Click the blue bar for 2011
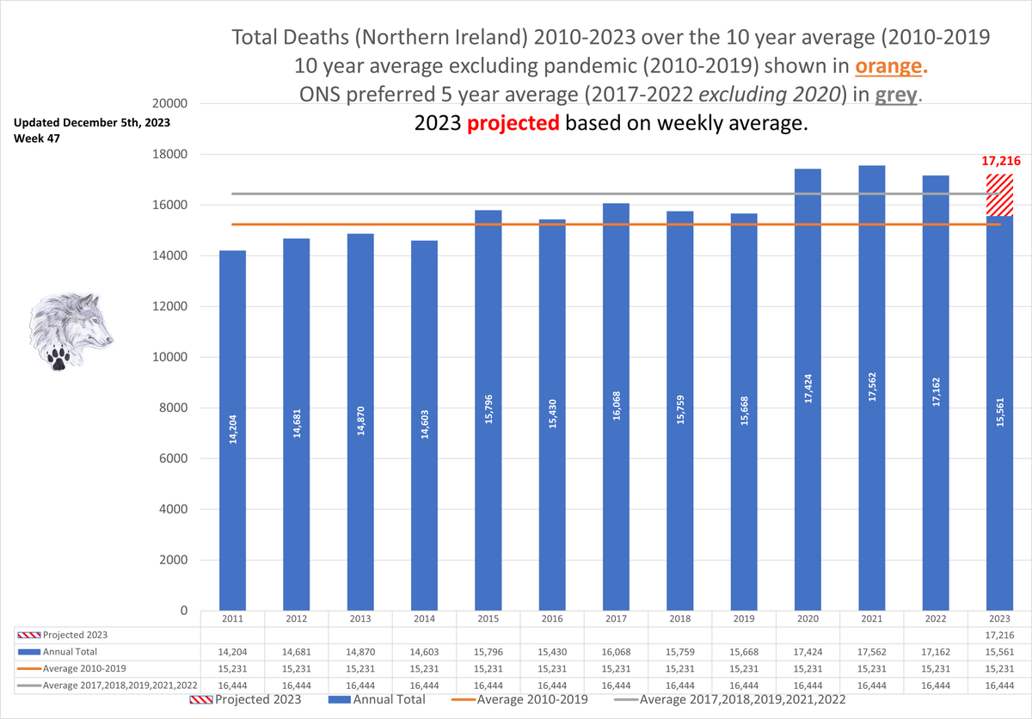(x=232, y=430)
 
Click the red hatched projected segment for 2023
(x=999, y=194)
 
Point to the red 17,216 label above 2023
(x=999, y=161)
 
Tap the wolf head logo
(x=69, y=331)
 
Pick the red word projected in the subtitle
(x=513, y=123)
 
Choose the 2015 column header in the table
(x=488, y=618)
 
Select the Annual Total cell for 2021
(x=871, y=652)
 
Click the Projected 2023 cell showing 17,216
(x=999, y=635)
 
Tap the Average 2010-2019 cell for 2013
(x=359, y=668)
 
